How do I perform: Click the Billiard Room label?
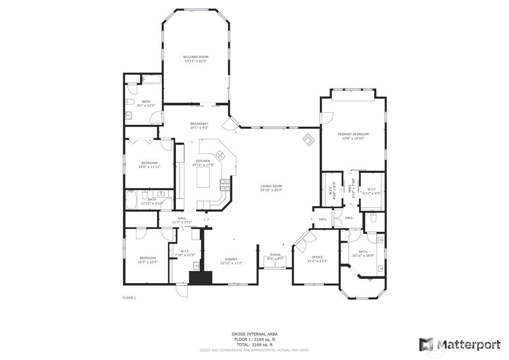196,57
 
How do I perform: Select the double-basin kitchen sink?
220,155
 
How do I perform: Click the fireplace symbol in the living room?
308,139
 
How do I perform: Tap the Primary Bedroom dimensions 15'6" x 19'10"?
353,138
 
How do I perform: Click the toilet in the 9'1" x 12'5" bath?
130,102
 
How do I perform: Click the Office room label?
317,257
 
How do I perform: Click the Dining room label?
231,259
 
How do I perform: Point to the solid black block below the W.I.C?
200,278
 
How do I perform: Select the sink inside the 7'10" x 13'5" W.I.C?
197,265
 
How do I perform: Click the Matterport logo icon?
426,344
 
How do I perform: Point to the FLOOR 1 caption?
129,298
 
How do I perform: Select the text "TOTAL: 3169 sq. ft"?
254,345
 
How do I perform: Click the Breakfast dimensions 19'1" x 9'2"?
199,128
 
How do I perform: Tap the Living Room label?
271,186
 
